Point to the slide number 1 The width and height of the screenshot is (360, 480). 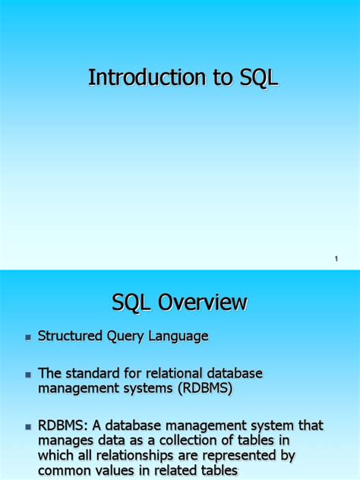click(x=336, y=261)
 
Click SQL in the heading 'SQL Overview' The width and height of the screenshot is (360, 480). click(x=130, y=304)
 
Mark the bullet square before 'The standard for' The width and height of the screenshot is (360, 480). click(x=28, y=374)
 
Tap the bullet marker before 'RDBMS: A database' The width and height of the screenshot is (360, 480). click(x=28, y=426)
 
